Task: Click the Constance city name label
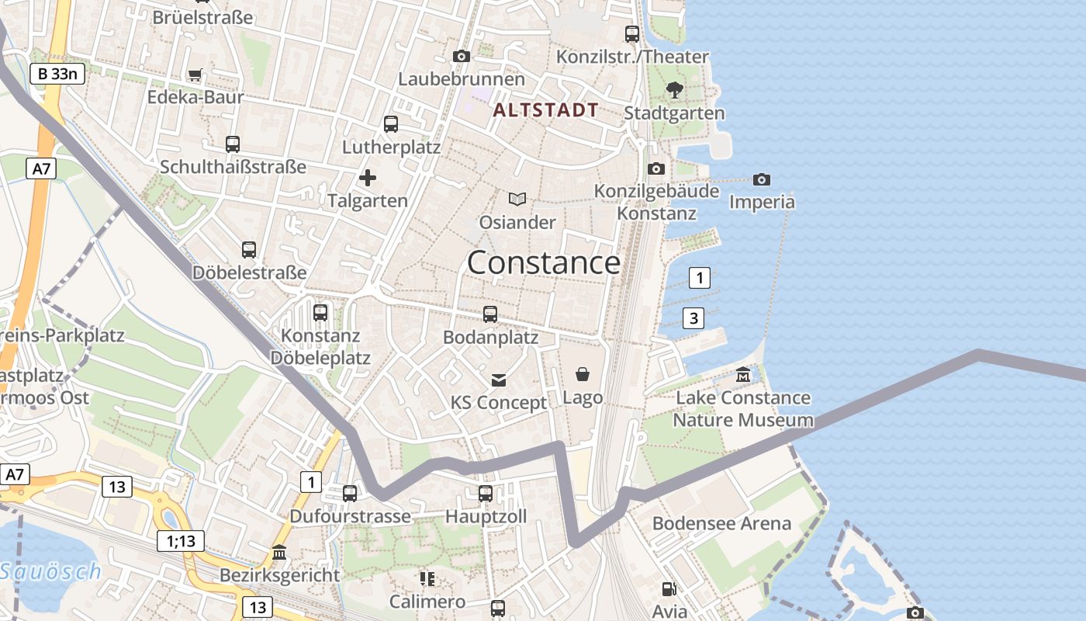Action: pos(543,263)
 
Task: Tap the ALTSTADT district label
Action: pos(545,110)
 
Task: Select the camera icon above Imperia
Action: pos(762,179)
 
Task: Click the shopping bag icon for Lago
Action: pos(583,374)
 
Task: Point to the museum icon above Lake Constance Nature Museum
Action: pos(743,375)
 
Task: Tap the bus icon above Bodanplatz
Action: pos(490,314)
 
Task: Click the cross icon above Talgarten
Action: pos(368,178)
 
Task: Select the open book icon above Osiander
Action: pos(517,199)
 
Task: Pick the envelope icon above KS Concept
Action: pos(499,380)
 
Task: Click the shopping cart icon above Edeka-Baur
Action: pos(195,75)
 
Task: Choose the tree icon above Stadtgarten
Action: pos(674,89)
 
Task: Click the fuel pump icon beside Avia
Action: pos(669,589)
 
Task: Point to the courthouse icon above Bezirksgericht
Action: pos(279,552)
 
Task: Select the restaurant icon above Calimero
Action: pos(427,578)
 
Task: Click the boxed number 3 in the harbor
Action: pos(693,317)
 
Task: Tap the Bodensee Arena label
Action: pos(721,523)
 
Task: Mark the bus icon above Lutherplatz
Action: pos(391,123)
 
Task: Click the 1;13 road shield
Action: pos(181,541)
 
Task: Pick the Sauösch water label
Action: pos(50,572)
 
